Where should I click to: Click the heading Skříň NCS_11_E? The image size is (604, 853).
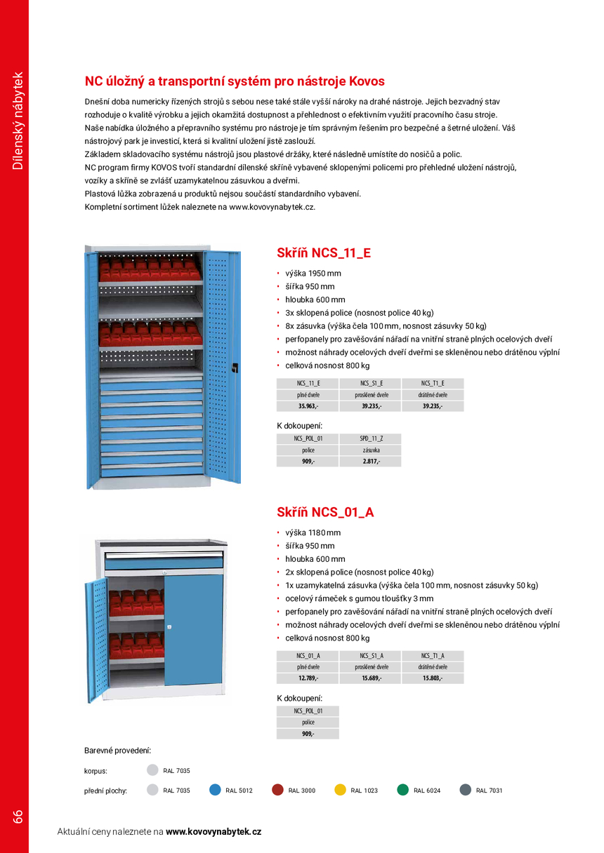point(324,253)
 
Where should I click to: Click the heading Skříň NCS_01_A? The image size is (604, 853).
point(325,512)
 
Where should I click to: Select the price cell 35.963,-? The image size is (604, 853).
point(308,405)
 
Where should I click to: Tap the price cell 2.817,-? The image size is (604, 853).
point(371,461)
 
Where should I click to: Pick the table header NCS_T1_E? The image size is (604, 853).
point(433,383)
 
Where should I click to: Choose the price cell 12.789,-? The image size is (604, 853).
point(308,678)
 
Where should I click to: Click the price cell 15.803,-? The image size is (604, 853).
point(433,678)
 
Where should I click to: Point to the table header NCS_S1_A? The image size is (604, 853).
point(371,655)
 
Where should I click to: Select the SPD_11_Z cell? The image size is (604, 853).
point(371,438)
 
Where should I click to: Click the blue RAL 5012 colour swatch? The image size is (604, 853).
point(216,789)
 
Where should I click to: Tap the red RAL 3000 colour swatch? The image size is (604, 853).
point(277,789)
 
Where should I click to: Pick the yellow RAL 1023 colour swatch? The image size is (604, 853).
point(340,789)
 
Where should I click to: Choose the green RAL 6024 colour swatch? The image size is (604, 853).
point(402,789)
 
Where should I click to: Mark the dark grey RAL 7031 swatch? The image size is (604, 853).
point(465,789)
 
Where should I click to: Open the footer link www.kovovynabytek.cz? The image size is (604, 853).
point(214,831)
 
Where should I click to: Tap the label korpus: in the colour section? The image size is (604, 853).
point(96,770)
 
